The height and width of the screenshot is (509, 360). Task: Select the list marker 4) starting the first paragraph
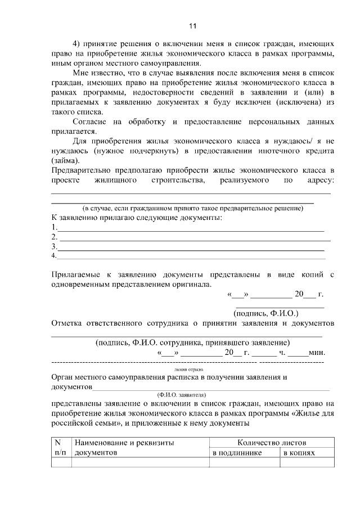[78, 43]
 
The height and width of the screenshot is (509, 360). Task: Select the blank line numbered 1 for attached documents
[191, 228]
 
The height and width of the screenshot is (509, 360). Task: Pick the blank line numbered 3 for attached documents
[191, 246]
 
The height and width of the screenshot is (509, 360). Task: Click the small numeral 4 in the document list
[53, 256]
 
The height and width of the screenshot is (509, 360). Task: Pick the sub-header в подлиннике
[237, 452]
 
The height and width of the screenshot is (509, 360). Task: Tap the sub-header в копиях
[298, 452]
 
